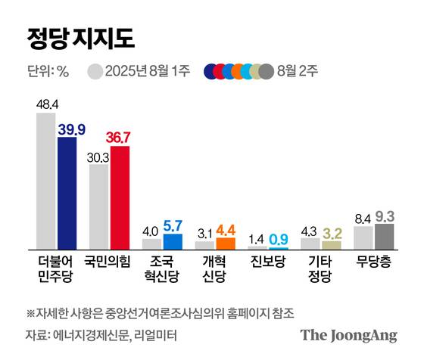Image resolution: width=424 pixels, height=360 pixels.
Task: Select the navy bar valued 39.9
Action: coord(67,193)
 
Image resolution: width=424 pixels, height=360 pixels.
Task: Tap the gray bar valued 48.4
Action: coord(46,182)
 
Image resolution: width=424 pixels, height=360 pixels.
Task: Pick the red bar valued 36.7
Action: coord(120,198)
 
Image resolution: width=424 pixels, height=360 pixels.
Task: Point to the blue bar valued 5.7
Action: coord(173,242)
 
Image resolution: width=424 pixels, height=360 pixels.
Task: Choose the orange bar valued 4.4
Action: coord(226,244)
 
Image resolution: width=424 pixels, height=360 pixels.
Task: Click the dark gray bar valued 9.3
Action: coord(385,236)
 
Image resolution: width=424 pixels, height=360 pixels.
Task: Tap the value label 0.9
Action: coord(278,237)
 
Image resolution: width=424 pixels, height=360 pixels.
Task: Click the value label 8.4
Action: coord(363,219)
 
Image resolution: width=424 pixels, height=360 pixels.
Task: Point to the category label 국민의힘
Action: coord(109,261)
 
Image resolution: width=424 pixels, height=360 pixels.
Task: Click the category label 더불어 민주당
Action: coord(57,268)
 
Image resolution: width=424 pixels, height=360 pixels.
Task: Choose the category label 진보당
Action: coord(268,261)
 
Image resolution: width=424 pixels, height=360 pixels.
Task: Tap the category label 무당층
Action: coord(374,261)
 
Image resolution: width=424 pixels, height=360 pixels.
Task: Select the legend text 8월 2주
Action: coord(299,73)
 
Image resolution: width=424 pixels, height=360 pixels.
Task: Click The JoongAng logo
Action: coord(348,335)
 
